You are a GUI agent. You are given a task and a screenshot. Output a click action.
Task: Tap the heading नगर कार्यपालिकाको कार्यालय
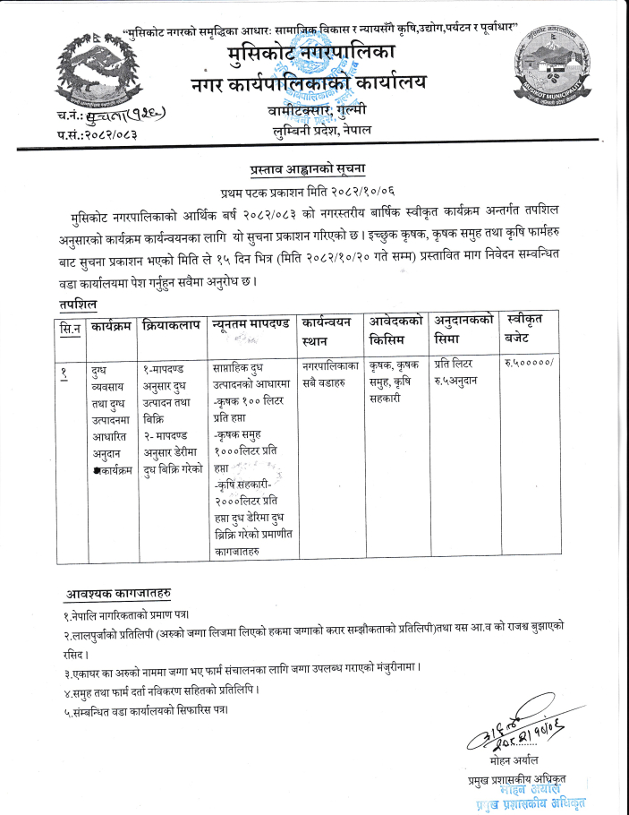point(309,83)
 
